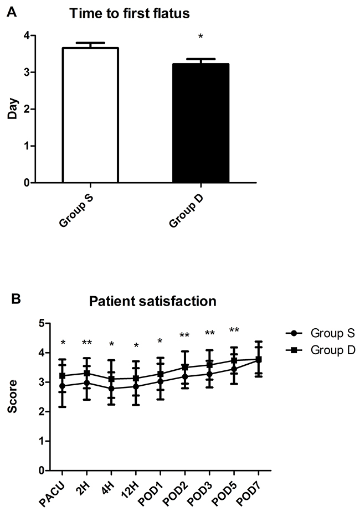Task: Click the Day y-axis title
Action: pyautogui.click(x=12, y=108)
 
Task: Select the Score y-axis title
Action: pyautogui.click(x=12, y=397)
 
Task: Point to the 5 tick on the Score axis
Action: pyautogui.click(x=41, y=323)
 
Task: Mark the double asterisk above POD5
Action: pyautogui.click(x=234, y=331)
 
